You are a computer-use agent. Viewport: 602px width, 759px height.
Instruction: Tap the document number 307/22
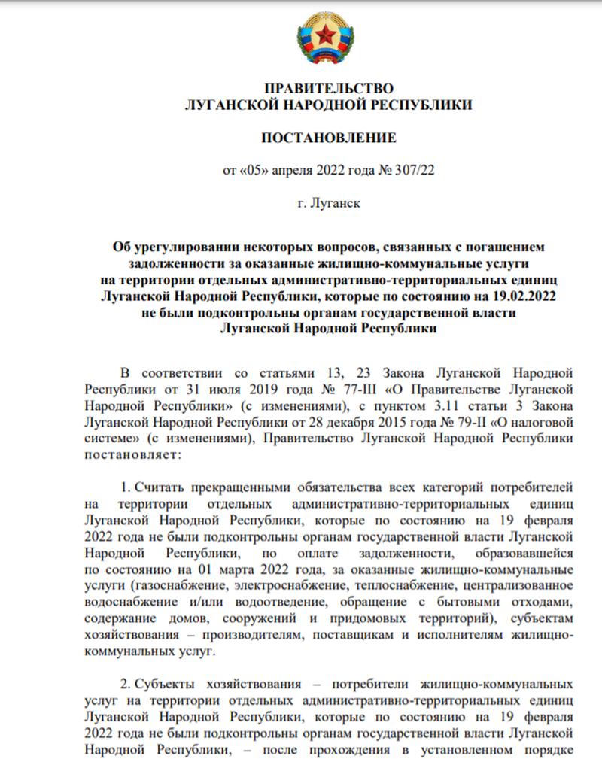point(415,170)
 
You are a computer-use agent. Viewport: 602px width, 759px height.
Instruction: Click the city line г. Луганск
point(328,203)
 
